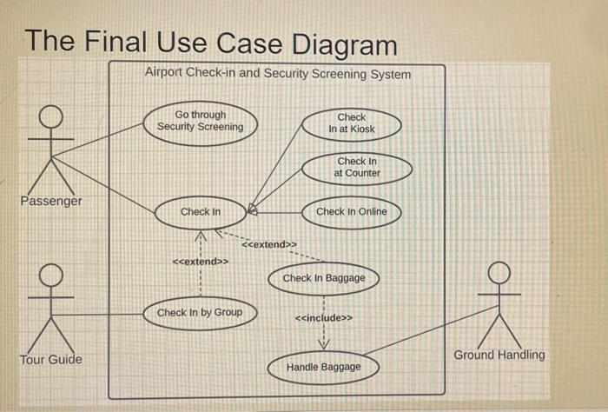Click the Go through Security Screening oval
pyautogui.click(x=201, y=121)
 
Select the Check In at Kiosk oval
pyautogui.click(x=352, y=123)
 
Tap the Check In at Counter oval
pyautogui.click(x=357, y=167)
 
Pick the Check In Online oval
pyautogui.click(x=351, y=211)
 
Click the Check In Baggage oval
pyautogui.click(x=324, y=278)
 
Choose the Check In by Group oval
pyautogui.click(x=200, y=312)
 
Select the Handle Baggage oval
pyautogui.click(x=323, y=367)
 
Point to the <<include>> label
pyautogui.click(x=324, y=319)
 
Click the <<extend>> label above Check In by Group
pyautogui.click(x=201, y=261)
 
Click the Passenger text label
pyautogui.click(x=52, y=201)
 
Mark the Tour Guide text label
pyautogui.click(x=51, y=359)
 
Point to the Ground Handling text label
pyautogui.click(x=499, y=355)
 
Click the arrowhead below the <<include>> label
pyautogui.click(x=324, y=345)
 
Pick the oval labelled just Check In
pyautogui.click(x=201, y=211)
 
